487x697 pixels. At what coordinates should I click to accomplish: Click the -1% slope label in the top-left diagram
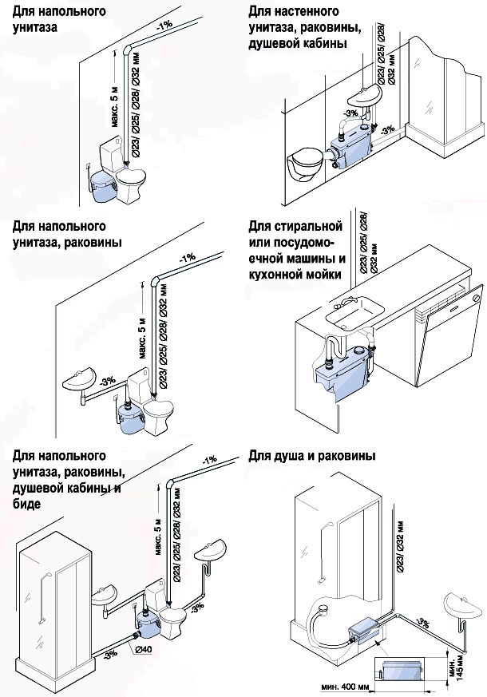(164, 26)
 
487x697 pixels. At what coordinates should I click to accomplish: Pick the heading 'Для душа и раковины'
(311, 457)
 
